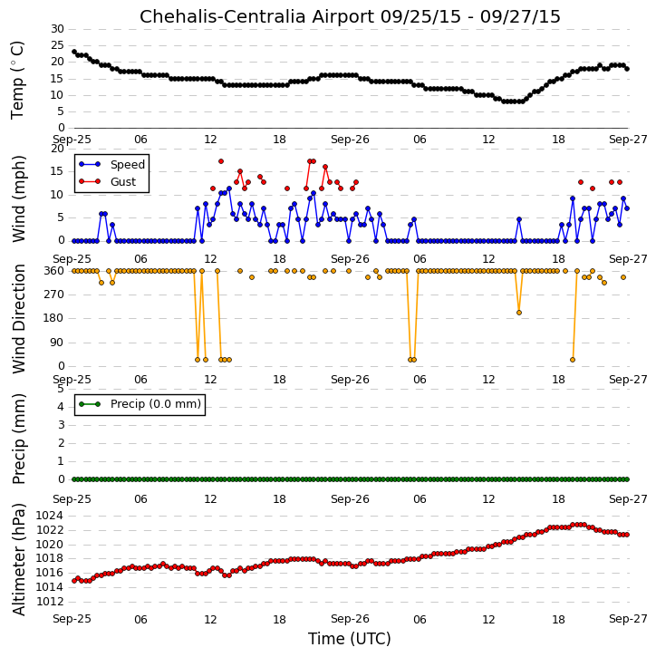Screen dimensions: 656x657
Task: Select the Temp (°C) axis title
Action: (17, 80)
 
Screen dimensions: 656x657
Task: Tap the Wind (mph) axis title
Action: (18, 198)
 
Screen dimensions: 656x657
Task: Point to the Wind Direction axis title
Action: (18, 319)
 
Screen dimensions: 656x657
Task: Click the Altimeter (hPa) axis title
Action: (18, 560)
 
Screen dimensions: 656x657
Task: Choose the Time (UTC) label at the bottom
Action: (350, 639)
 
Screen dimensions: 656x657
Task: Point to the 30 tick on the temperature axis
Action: (57, 29)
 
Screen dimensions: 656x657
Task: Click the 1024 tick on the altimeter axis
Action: (50, 516)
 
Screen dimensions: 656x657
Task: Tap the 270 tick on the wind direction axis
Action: (54, 295)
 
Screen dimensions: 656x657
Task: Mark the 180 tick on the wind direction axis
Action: (54, 318)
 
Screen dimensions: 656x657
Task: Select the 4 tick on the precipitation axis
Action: (61, 407)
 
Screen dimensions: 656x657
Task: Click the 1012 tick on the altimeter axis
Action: (50, 602)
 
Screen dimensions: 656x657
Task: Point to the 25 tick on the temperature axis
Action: (57, 45)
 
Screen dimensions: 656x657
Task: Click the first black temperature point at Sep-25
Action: (74, 52)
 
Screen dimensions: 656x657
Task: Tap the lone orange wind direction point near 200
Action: (519, 313)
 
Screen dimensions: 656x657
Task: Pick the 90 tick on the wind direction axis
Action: (57, 343)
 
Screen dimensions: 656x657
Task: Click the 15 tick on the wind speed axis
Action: (57, 171)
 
